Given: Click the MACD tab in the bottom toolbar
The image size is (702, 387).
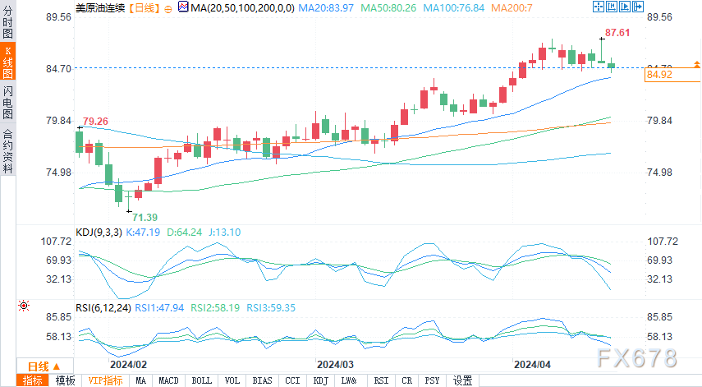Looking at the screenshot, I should pos(168,380).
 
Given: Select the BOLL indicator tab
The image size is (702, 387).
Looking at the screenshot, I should pos(201,380).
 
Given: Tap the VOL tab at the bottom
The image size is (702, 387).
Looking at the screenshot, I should pos(232,380).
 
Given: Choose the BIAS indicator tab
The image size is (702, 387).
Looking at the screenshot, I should pos(262,380).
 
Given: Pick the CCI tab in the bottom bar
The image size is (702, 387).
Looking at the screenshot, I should pos(291,380).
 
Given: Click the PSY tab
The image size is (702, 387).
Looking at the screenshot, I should pos(433,380).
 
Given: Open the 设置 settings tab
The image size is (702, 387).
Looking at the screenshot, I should pos(463,380).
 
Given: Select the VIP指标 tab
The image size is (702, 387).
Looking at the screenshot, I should pos(105,380).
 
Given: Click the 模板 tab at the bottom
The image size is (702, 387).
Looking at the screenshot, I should pos(65,380).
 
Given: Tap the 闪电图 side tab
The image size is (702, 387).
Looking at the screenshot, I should pos(7,106).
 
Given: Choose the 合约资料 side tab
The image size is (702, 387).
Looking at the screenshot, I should pos(7,151).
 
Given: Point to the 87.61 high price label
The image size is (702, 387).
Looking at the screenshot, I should pos(617,33).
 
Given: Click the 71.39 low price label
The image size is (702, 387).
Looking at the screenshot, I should pos(145,216).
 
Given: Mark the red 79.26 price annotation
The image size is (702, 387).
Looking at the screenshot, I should pos(95,121).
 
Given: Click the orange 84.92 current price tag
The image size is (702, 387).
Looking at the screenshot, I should pos(659,75).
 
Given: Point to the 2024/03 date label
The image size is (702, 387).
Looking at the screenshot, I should pos(335,363).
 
